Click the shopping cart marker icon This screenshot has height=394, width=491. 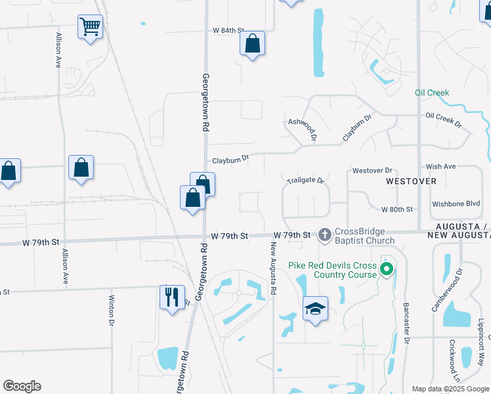[91, 27]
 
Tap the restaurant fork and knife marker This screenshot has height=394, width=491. [172, 297]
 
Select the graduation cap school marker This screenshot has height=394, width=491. [316, 309]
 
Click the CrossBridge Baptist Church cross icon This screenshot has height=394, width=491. [324, 234]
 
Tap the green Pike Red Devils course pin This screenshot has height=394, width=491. [387, 269]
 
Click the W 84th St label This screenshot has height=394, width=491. [228, 30]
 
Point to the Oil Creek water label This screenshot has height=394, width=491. [432, 93]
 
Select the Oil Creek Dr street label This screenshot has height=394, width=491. [444, 120]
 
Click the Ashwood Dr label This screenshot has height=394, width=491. [303, 129]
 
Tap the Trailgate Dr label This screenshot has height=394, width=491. [306, 180]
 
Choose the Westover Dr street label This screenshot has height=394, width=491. [372, 170]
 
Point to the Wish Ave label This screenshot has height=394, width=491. [440, 167]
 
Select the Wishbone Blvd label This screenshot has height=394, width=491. [456, 204]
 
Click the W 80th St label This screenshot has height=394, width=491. [396, 209]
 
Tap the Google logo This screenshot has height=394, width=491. [22, 386]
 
